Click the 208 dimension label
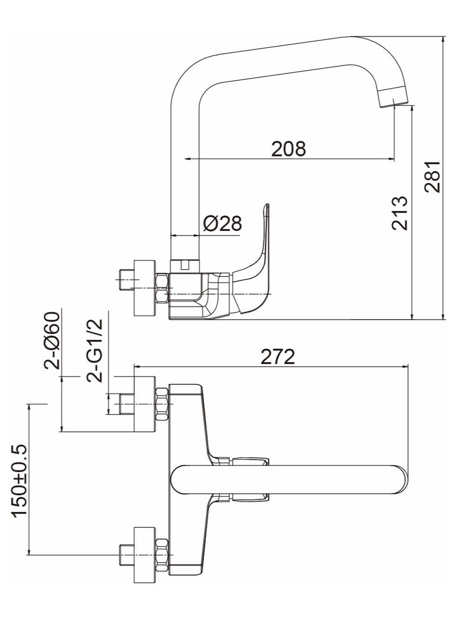coord(288,148)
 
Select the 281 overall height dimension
coord(433,176)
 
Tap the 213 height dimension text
coord(400,213)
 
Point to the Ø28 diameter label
coord(222,224)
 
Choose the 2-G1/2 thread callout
coord(94,349)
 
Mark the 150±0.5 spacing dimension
coord(20,481)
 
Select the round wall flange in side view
coord(144,288)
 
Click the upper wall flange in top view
coord(144,404)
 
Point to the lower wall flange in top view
coord(144,555)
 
